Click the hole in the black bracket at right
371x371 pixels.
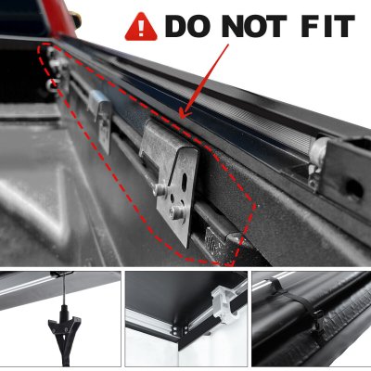coord(353,188)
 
